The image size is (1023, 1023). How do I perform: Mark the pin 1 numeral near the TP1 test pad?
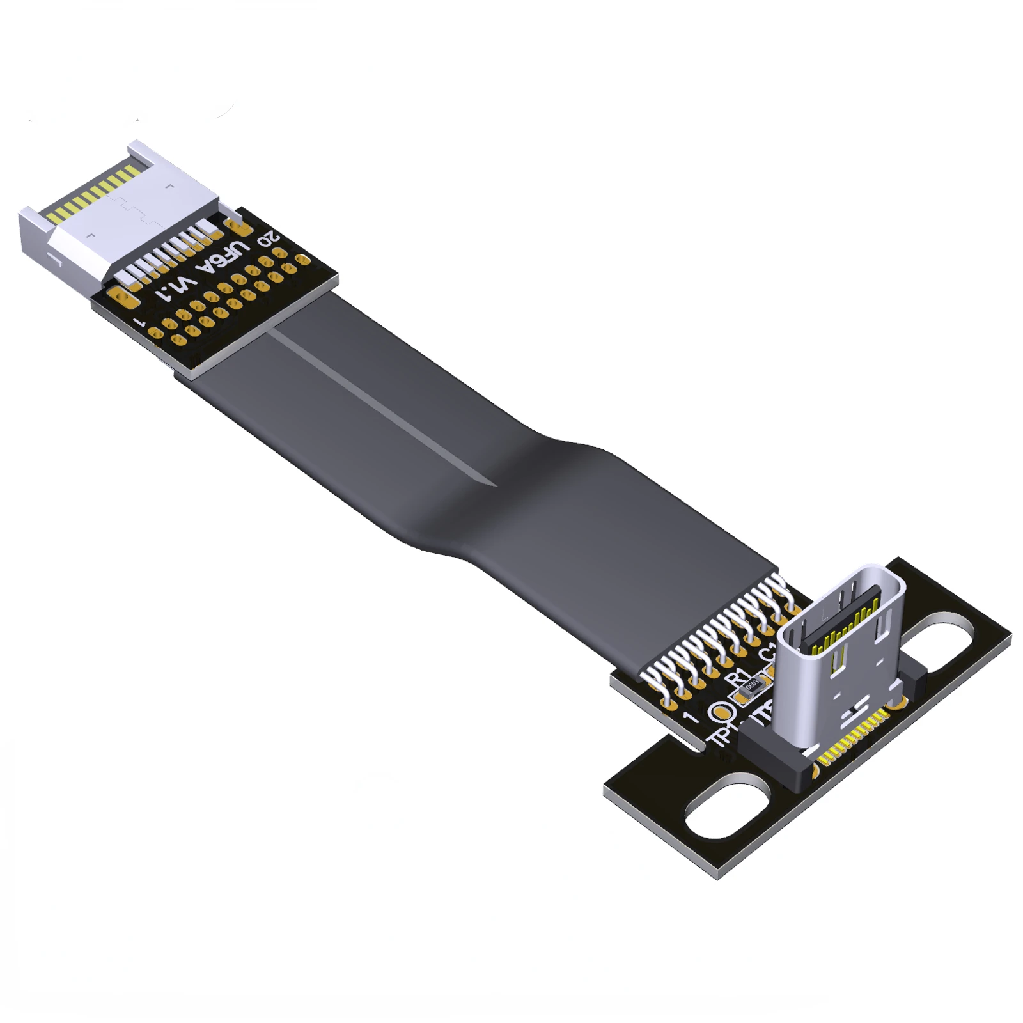coord(690,717)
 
